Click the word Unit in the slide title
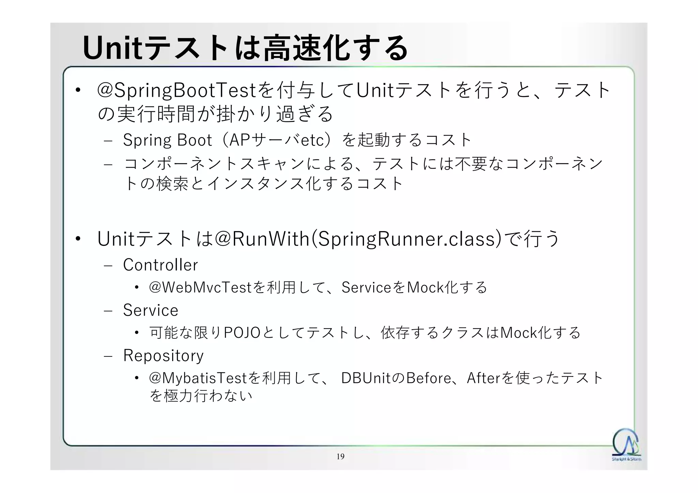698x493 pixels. (x=112, y=48)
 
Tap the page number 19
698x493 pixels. (x=340, y=457)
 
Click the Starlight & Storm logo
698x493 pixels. (x=626, y=444)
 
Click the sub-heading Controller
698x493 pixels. (x=160, y=265)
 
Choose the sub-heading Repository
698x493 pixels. (x=163, y=355)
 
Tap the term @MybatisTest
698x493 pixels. (x=198, y=378)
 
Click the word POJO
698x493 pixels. (x=242, y=333)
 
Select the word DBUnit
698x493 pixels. (x=365, y=378)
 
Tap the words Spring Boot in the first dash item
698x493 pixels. (x=167, y=140)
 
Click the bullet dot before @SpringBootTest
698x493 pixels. (x=78, y=91)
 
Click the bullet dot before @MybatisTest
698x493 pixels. (x=137, y=378)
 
